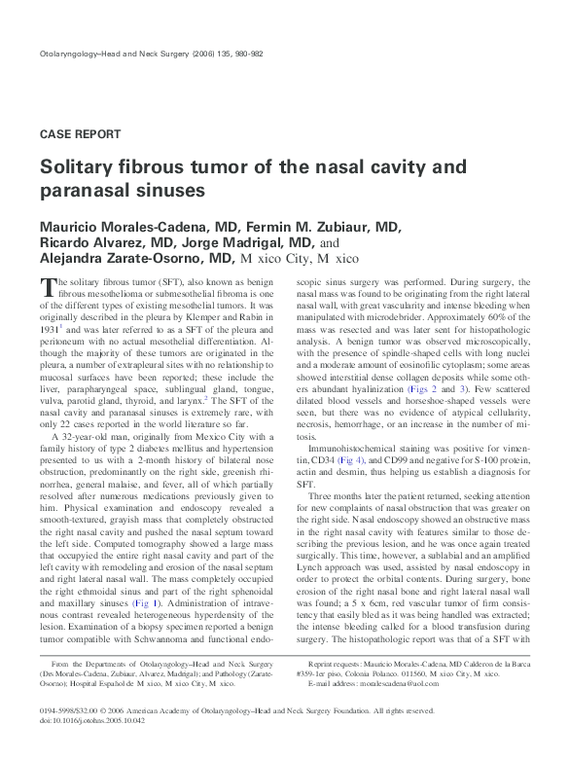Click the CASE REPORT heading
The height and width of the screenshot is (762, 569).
(80, 133)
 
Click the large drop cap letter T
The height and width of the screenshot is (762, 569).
(47, 287)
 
